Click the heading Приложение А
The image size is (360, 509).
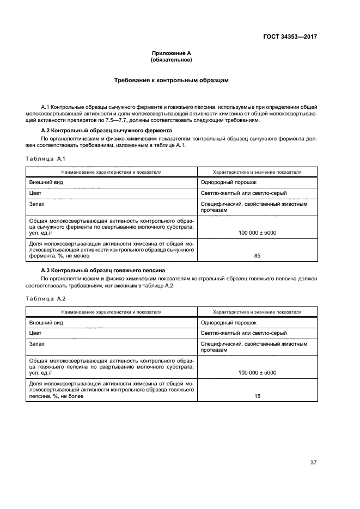click(x=172, y=53)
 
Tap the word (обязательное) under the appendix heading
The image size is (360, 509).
click(x=172, y=60)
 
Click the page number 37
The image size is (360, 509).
click(x=313, y=462)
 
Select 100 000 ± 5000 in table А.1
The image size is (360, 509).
click(x=257, y=232)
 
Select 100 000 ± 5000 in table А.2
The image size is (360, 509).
click(x=257, y=373)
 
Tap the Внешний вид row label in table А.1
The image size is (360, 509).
click(x=46, y=182)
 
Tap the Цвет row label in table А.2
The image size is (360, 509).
click(x=35, y=333)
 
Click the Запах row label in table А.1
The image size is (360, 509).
click(x=37, y=204)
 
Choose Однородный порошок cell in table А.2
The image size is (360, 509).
click(x=228, y=323)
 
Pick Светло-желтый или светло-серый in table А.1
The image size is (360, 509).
click(x=243, y=193)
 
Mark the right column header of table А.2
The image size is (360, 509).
click(x=257, y=312)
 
